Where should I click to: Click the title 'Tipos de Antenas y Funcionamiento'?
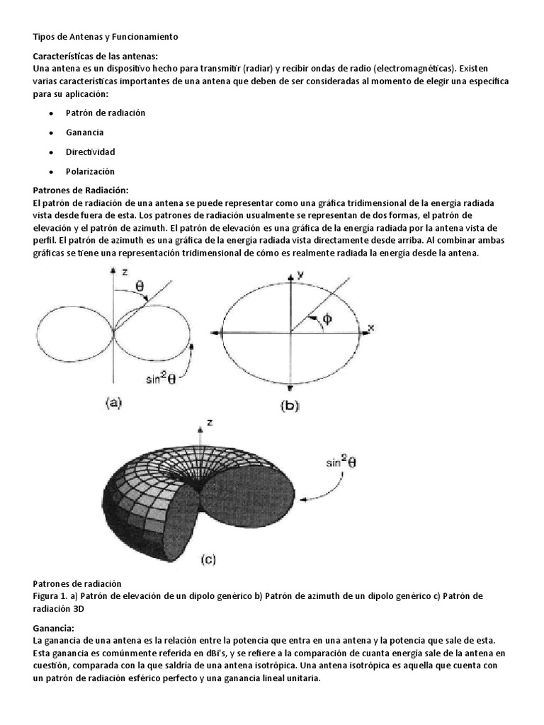point(106,36)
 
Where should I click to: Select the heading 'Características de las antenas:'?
point(96,55)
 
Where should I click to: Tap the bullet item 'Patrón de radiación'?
point(106,113)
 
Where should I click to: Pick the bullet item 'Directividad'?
point(90,152)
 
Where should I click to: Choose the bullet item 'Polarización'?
point(90,171)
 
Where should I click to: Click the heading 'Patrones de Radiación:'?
point(81,190)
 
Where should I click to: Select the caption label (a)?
point(114,403)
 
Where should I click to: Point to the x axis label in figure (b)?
point(369,328)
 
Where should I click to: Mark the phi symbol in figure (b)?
point(327,319)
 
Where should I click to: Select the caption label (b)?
point(290,406)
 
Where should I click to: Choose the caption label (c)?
point(208,559)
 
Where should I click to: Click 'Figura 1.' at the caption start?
point(52,595)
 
